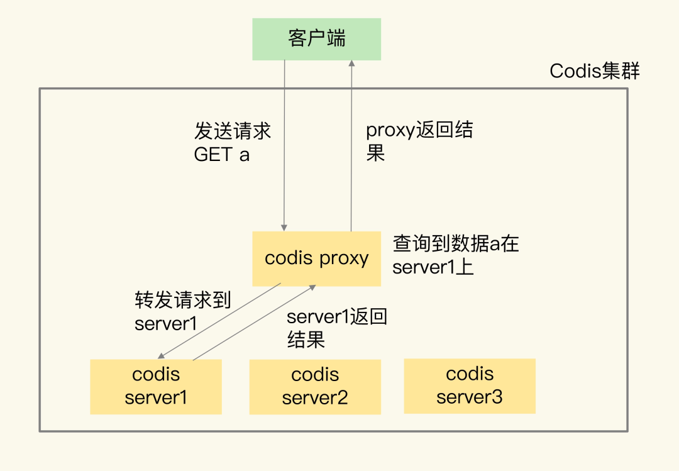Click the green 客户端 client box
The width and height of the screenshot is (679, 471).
pos(316,39)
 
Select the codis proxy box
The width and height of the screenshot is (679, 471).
pos(316,258)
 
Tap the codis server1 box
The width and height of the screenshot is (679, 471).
pos(156,386)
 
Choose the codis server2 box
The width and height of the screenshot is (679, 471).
pos(315,387)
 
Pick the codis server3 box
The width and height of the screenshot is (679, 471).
pos(470,386)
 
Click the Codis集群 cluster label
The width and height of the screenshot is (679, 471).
pos(594,71)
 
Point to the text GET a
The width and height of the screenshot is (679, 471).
pos(222,155)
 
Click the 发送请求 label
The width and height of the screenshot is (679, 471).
pos(233,131)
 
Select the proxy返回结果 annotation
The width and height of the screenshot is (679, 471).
pos(419,141)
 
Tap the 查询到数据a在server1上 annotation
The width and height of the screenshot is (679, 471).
pos(456,255)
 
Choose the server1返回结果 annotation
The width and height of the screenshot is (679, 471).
pos(336,328)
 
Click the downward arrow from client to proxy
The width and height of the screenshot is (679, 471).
pos(285,145)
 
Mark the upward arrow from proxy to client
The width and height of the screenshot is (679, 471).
pos(351,145)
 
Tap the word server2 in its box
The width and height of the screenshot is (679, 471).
pos(315,398)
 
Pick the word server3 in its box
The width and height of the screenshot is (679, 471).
pos(470,397)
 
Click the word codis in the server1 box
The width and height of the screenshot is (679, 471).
pos(156,375)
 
